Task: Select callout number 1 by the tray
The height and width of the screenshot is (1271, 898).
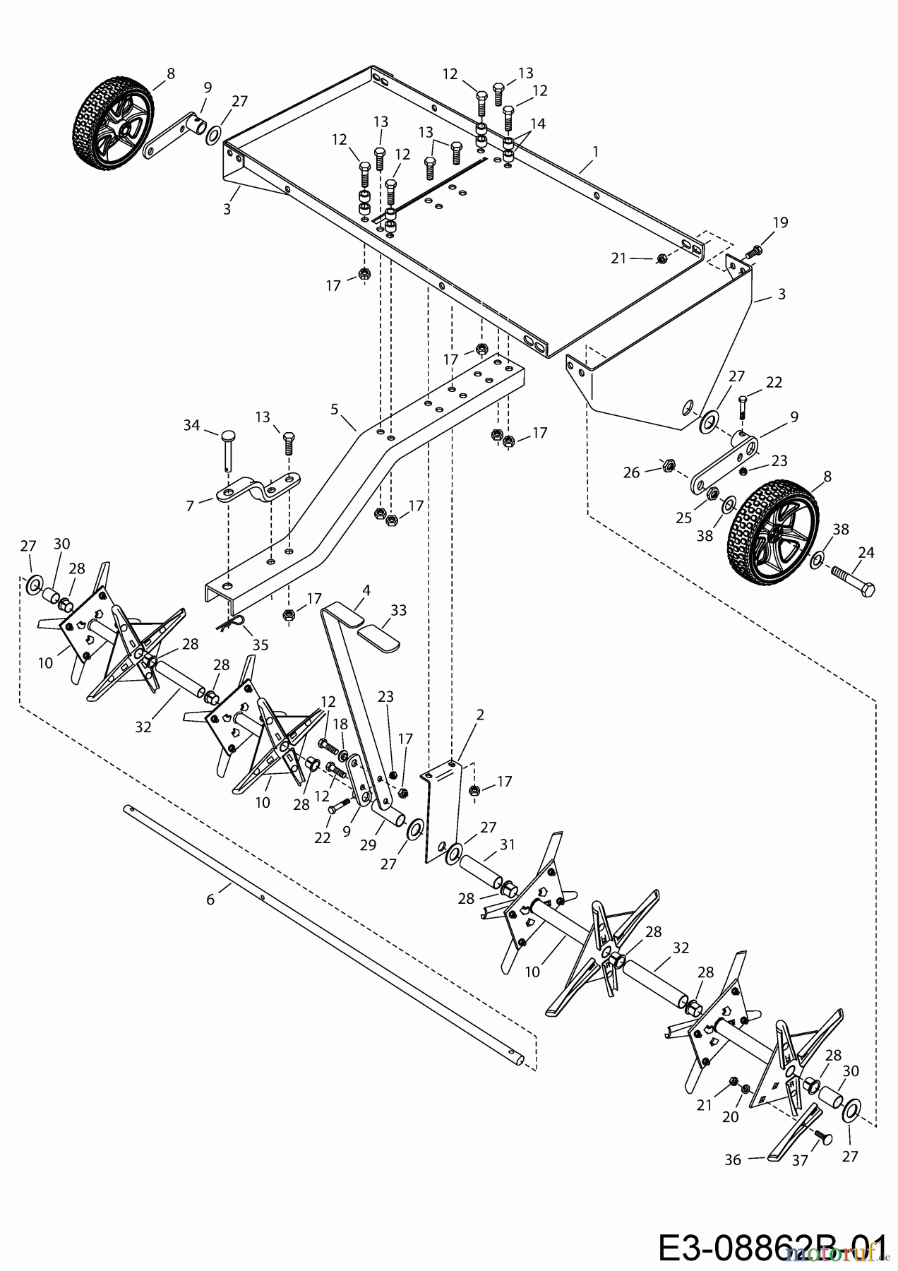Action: [596, 150]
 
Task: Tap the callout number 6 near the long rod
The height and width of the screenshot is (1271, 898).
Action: [210, 898]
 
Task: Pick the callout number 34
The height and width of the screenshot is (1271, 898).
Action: [191, 425]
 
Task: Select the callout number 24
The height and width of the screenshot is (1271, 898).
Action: [866, 552]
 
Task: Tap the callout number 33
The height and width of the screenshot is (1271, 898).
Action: [398, 610]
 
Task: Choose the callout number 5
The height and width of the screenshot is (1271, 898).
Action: [335, 408]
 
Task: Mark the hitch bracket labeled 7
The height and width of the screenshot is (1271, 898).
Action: [259, 489]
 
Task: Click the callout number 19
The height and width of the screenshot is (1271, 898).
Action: [779, 223]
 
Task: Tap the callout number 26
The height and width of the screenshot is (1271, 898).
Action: [631, 472]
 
